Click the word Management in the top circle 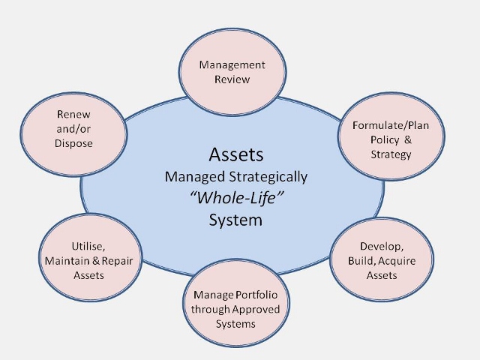[232, 65]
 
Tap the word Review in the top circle [232, 79]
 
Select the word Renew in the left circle [73, 114]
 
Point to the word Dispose [73, 143]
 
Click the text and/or [73, 129]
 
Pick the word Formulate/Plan [391, 125]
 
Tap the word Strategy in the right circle [391, 154]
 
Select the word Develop [382, 247]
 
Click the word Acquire [397, 261]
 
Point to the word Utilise [88, 247]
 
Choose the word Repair [117, 261]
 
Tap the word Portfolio [256, 295]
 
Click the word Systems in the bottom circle [235, 324]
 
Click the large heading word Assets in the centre [236, 154]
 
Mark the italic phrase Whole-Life [236, 197]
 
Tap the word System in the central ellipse [235, 220]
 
